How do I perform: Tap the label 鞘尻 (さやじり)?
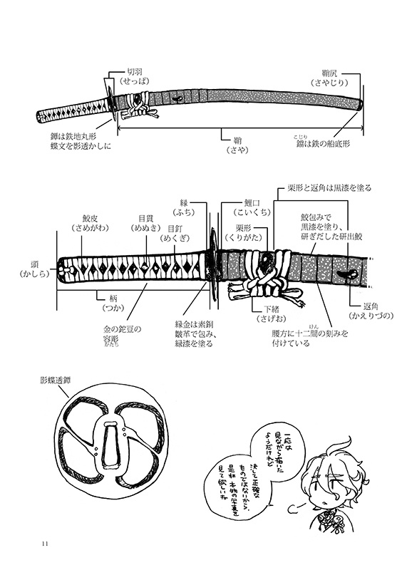pos(336,77)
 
